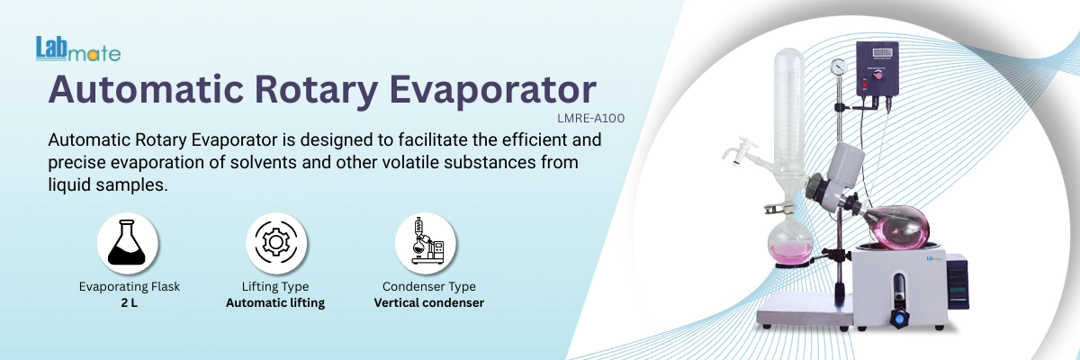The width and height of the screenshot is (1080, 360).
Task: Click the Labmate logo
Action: pyautogui.click(x=77, y=49)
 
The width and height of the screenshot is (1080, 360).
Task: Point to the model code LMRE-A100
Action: pyautogui.click(x=591, y=117)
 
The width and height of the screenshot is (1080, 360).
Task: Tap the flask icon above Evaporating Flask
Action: pyautogui.click(x=128, y=243)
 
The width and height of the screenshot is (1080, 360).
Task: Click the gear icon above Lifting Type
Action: pyautogui.click(x=276, y=243)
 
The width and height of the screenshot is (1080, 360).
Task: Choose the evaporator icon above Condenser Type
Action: pyautogui.click(x=426, y=243)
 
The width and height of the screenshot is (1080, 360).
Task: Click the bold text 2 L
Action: pyautogui.click(x=129, y=303)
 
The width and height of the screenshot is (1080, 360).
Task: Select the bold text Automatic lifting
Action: pyautogui.click(x=276, y=303)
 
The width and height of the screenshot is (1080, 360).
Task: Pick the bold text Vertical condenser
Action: pyautogui.click(x=428, y=303)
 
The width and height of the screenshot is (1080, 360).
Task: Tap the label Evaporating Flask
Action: pyautogui.click(x=129, y=287)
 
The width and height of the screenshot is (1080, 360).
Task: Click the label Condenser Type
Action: pyautogui.click(x=427, y=287)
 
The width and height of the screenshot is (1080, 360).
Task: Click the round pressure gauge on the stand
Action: pyautogui.click(x=839, y=67)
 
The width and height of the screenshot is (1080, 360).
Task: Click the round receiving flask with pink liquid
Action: pyautogui.click(x=788, y=240)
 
